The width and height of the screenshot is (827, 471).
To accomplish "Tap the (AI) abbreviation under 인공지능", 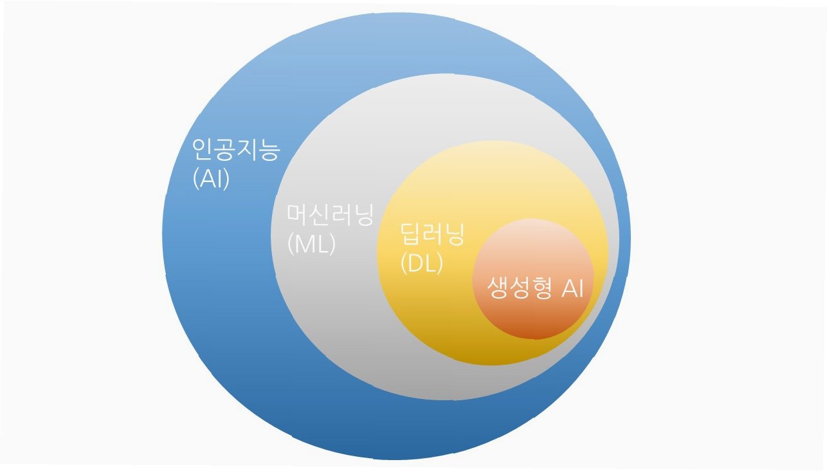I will click(211, 179).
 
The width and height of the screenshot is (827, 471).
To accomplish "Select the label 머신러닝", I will click(330, 215).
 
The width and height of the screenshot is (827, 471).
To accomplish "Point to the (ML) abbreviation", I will click(311, 244).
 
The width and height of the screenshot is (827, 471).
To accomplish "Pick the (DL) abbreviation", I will click(421, 263).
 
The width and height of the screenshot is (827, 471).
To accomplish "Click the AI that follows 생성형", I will click(572, 289).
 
